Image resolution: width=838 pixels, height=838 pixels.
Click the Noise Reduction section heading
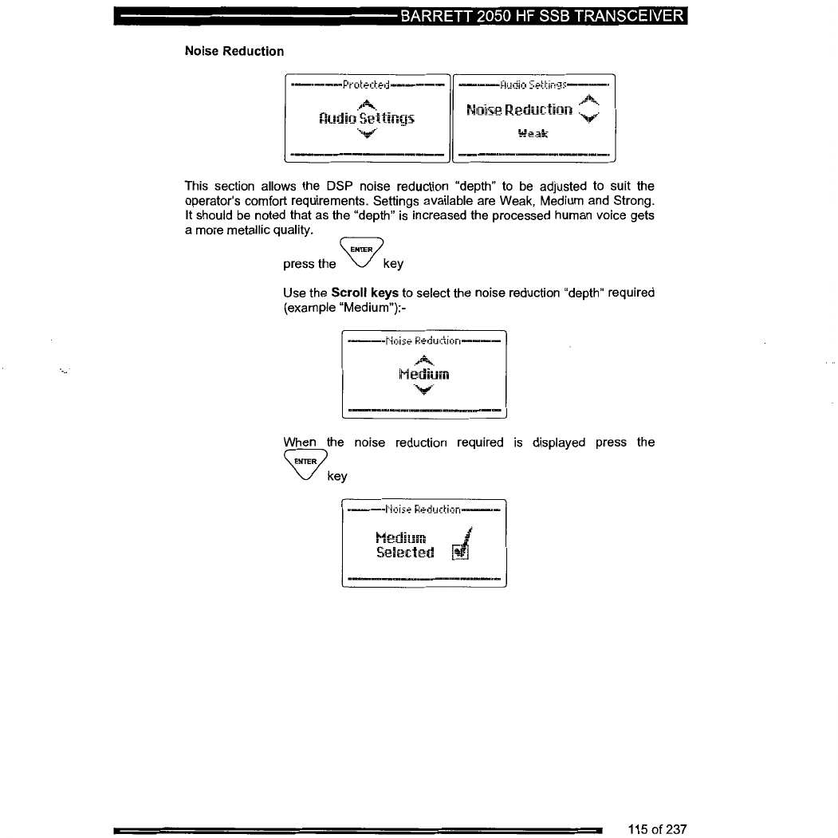234,51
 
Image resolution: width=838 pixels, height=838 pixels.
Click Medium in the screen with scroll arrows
423,375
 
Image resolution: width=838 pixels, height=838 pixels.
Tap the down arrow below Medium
423,390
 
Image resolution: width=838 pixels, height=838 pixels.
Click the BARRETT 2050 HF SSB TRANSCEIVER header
542,17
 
